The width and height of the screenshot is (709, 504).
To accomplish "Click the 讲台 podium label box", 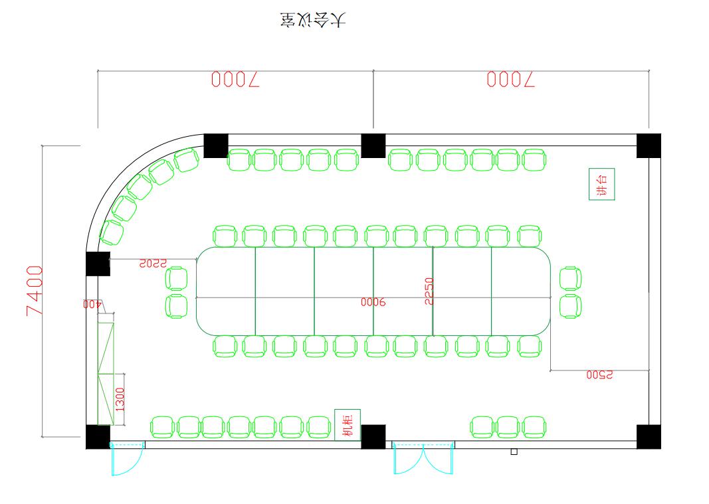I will click(602, 184).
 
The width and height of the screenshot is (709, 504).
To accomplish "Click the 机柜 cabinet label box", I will click(348, 425).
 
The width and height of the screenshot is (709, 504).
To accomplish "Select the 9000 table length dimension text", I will click(373, 302).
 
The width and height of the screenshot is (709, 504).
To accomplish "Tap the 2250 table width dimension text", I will click(429, 291).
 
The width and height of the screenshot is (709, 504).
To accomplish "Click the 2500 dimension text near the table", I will click(599, 375).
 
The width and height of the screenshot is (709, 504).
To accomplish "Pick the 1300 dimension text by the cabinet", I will click(120, 399).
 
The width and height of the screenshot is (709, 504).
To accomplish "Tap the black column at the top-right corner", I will click(649, 145).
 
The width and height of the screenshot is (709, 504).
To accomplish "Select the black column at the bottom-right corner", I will click(649, 436).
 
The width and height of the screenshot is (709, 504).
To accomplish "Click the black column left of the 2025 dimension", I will click(98, 264).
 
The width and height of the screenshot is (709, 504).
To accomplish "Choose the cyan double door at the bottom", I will click(423, 458).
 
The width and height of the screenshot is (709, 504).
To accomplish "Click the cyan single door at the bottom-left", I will click(127, 459).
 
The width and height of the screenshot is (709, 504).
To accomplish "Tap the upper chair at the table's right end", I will click(570, 278).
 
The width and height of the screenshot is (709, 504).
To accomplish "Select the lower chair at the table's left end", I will click(177, 306).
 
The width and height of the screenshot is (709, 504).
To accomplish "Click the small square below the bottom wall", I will click(514, 452).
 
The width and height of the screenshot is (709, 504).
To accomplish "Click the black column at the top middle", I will click(373, 145).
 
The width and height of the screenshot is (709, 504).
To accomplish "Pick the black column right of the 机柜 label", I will click(373, 436).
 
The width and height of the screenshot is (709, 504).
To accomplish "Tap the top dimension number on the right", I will click(510, 80).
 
